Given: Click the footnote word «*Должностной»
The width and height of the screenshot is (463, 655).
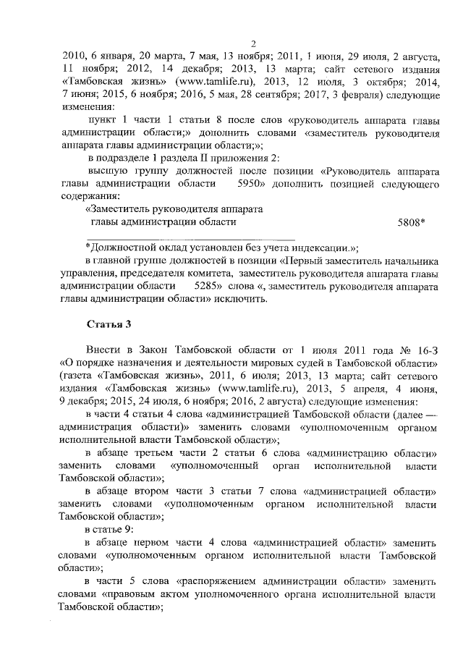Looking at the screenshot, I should click(x=121, y=248).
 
